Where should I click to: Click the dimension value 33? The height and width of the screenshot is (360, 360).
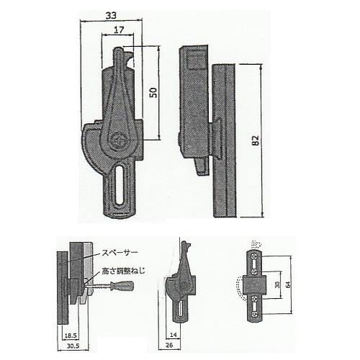click(x=111, y=16)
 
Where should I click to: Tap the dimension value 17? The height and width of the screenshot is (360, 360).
click(x=119, y=30)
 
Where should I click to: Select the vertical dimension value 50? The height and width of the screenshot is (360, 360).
click(x=154, y=92)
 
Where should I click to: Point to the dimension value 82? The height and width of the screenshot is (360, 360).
click(x=256, y=140)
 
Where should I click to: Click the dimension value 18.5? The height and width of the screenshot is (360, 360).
click(x=71, y=336)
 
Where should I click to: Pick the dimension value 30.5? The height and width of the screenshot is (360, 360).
click(x=73, y=346)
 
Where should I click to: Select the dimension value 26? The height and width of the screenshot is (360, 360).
click(x=169, y=345)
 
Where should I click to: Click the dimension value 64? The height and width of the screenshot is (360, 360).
click(x=288, y=284)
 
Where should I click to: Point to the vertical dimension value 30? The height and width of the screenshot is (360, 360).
click(x=277, y=285)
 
